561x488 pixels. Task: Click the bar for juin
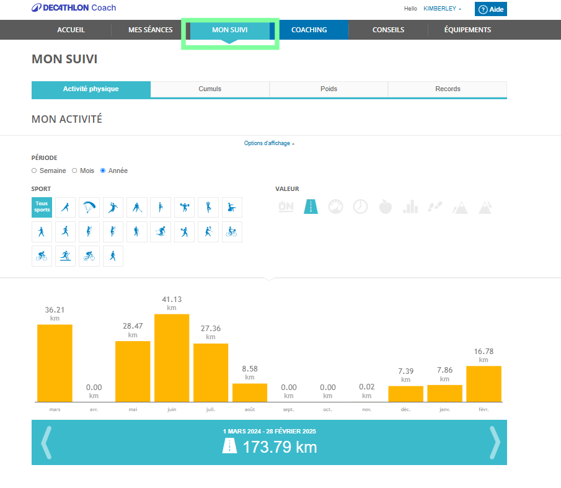click(x=172, y=358)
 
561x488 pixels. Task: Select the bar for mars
click(x=55, y=363)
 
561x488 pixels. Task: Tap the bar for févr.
click(x=484, y=384)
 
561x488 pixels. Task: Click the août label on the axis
click(x=250, y=409)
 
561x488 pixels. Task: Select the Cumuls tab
click(x=210, y=89)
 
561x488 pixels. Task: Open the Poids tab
click(x=329, y=89)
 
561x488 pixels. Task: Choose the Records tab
click(x=448, y=89)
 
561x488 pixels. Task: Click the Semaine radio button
click(x=34, y=171)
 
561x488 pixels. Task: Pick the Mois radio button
click(x=74, y=171)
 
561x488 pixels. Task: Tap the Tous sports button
click(x=42, y=207)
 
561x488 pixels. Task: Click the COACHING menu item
click(x=309, y=30)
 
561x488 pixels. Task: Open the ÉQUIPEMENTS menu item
click(x=467, y=30)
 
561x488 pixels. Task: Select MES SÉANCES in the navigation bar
click(x=150, y=30)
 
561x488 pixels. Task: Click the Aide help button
click(x=491, y=9)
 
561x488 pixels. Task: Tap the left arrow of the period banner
click(x=45, y=442)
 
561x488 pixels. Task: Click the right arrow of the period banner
click(x=494, y=442)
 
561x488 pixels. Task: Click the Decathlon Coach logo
click(x=74, y=8)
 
